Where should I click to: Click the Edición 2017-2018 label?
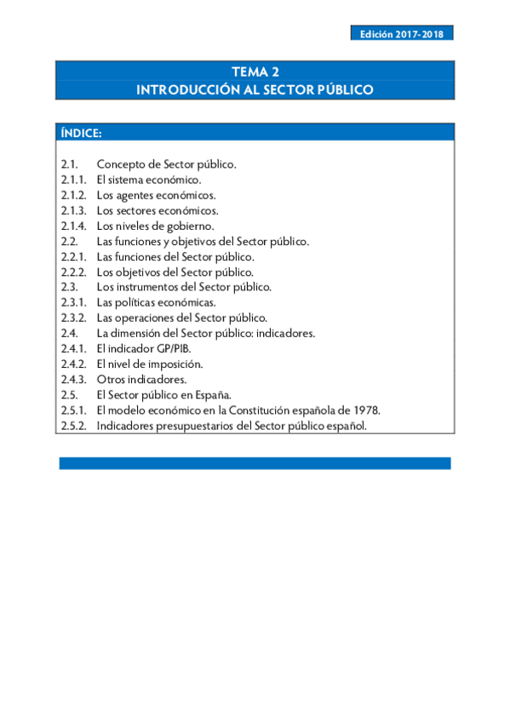pos(401,34)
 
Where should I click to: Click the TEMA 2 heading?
pos(255,72)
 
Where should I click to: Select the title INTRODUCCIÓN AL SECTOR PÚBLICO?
pos(255,89)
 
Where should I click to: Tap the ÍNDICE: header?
pos(82,134)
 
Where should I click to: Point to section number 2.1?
pos(70,164)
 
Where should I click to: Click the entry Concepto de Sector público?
pos(166,164)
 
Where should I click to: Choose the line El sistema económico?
pos(149,180)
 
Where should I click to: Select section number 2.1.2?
pos(73,195)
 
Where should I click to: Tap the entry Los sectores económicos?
pos(158,210)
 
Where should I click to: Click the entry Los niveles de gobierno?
pos(155,226)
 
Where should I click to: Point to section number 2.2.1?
pos(73,256)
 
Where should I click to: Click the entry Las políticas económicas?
pos(155,302)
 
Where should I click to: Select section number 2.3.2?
pos(73,318)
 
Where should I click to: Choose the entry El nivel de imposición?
pos(149,364)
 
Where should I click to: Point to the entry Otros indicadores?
pos(141,379)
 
